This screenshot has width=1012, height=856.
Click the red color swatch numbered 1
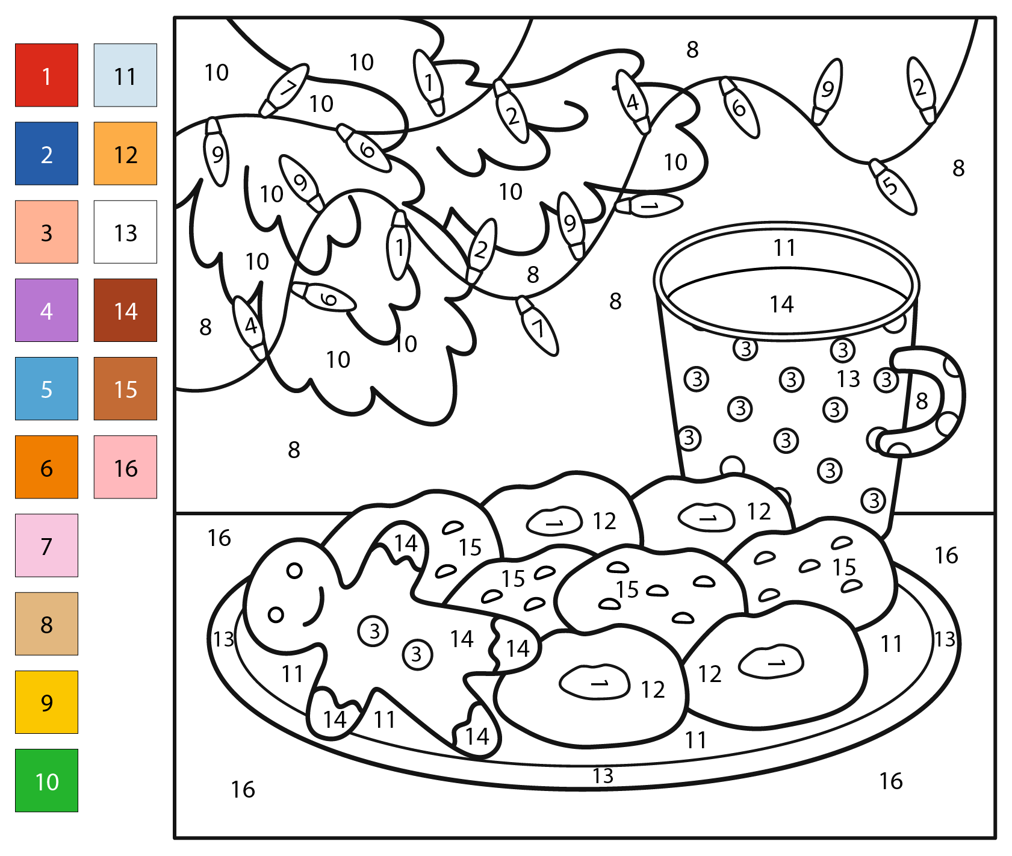coord(46,75)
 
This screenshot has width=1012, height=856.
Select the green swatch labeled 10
coord(46,780)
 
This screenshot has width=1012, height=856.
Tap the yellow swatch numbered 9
coord(46,702)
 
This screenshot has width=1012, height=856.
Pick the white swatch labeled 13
coord(125,232)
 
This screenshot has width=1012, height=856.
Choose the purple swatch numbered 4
coord(46,310)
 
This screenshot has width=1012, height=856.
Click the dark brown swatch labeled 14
coord(125,310)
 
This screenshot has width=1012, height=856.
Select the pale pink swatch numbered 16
coord(125,467)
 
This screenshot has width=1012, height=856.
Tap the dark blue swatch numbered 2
coord(46,154)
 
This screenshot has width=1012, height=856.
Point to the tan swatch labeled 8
coord(46,624)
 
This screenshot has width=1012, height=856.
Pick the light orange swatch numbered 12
coord(125,154)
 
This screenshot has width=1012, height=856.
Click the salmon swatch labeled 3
coord(46,232)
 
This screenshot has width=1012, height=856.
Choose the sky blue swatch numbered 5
coord(46,388)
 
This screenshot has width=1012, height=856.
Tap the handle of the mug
coord(952,397)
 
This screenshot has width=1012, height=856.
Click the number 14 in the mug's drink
coord(781,305)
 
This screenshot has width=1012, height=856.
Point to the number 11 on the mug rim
coord(784,247)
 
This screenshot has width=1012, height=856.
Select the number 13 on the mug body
coord(848,379)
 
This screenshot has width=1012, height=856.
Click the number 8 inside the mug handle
coord(922,401)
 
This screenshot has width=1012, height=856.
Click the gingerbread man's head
coord(289,596)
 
